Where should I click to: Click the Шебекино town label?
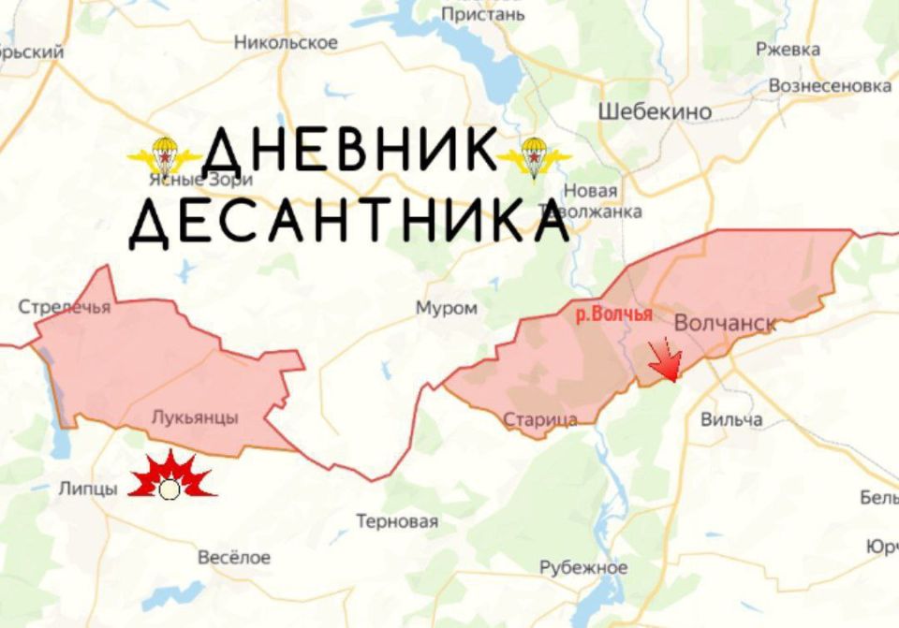click(x=655, y=112)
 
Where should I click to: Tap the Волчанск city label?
click(x=725, y=323)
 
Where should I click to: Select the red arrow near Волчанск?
click(x=666, y=360)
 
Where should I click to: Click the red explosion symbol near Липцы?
click(x=169, y=477)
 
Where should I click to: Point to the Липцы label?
click(x=88, y=489)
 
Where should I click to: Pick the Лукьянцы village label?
click(x=195, y=417)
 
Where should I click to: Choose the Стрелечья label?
click(x=65, y=307)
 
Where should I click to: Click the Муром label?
click(x=447, y=308)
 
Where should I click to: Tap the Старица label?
click(x=540, y=419)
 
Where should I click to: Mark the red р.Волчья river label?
click(x=613, y=314)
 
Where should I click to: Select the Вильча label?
click(x=731, y=419)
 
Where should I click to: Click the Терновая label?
click(x=397, y=521)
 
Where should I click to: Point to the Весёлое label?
click(x=234, y=558)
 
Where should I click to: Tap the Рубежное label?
click(x=583, y=568)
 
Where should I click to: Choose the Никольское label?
click(x=286, y=42)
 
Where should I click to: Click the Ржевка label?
click(x=788, y=50)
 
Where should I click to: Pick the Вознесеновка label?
click(x=830, y=86)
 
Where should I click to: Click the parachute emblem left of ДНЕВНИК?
click(x=165, y=155)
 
